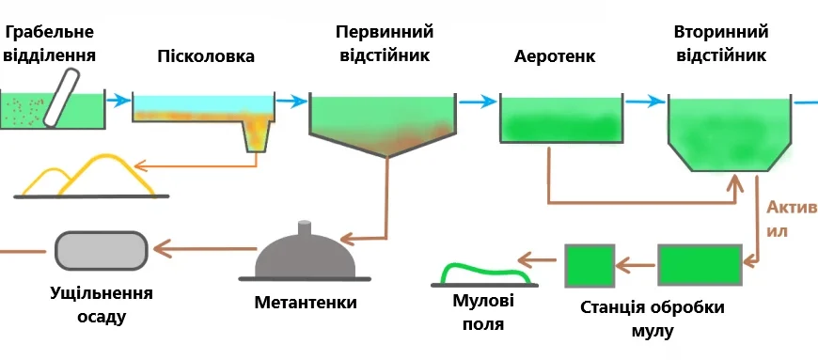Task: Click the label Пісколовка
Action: click(x=206, y=56)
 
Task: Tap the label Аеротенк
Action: click(x=555, y=55)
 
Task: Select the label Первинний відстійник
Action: click(x=383, y=43)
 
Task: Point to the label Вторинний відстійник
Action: click(x=720, y=43)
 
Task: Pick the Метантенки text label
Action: click(x=306, y=303)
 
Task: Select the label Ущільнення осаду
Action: click(x=101, y=304)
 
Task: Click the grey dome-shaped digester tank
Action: click(x=305, y=255)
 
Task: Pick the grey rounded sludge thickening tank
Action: click(x=101, y=250)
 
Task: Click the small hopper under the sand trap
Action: click(x=256, y=137)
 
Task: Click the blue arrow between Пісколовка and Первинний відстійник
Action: click(x=292, y=101)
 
